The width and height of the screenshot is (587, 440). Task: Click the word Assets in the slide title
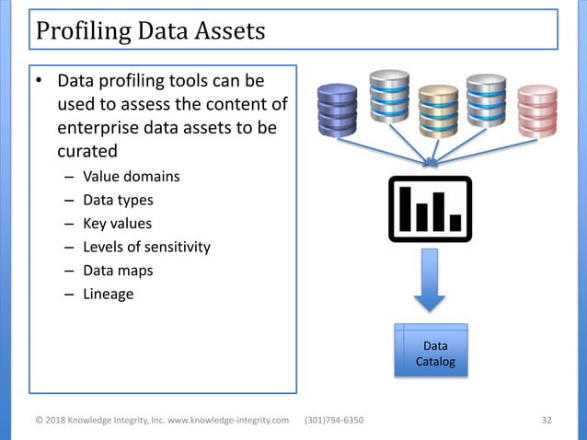click(226, 30)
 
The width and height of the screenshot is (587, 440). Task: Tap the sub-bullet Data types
click(118, 199)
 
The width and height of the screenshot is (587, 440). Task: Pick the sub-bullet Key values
click(117, 223)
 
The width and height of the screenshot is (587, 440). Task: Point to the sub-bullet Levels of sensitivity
click(146, 247)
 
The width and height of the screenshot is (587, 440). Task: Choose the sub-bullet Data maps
click(118, 271)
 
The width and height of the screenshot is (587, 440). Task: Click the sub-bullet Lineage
click(108, 295)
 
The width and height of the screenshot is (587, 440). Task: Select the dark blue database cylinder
click(338, 110)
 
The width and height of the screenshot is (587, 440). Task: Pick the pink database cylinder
click(537, 110)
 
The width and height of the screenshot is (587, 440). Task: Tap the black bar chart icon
click(430, 209)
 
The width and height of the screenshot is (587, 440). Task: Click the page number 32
click(547, 421)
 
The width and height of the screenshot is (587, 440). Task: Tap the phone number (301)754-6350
click(333, 421)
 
